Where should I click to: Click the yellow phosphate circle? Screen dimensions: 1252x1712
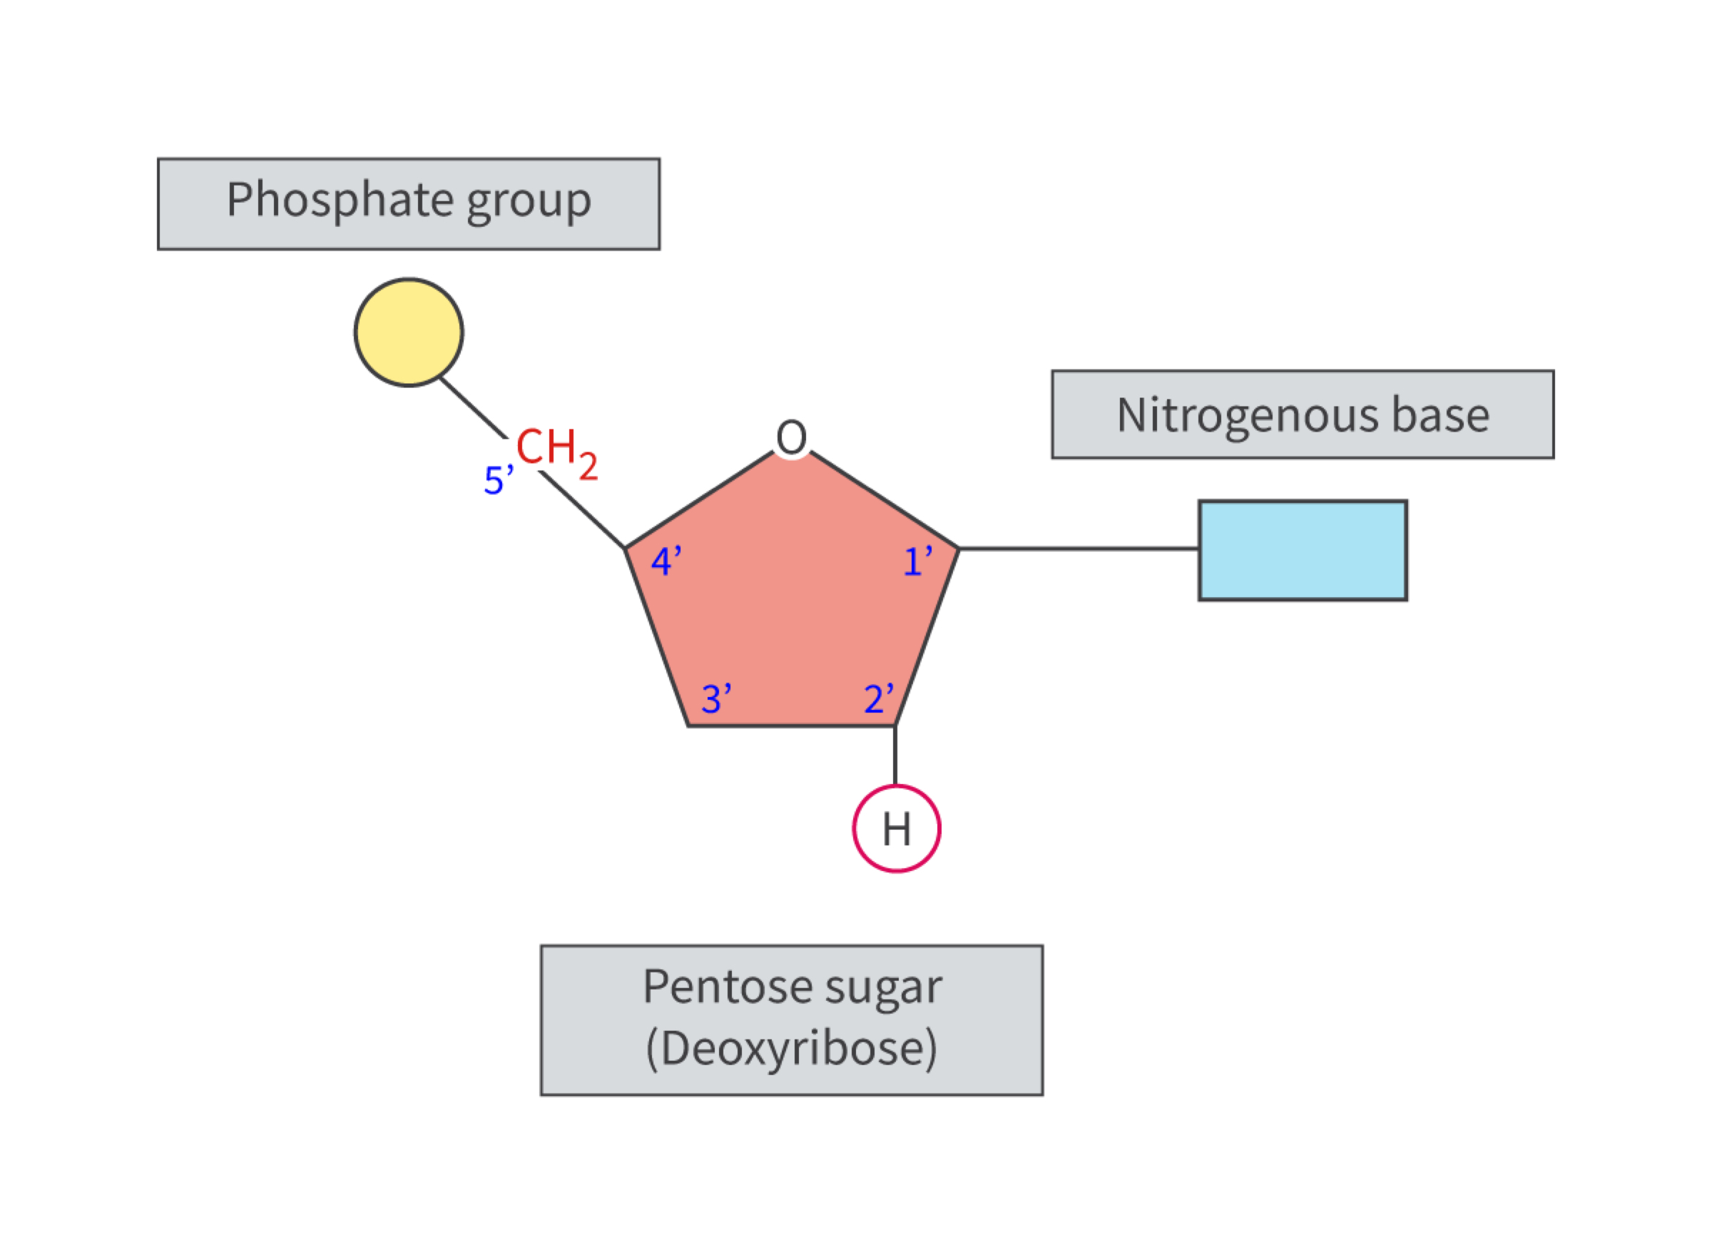[x=409, y=332]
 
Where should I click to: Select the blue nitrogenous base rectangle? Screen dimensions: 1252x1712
[x=1302, y=550]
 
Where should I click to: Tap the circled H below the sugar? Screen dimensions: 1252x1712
[x=897, y=828]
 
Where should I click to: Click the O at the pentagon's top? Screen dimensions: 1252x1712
[x=791, y=437]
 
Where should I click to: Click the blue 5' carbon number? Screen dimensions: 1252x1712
[x=498, y=479]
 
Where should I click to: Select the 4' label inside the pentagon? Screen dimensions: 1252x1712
[x=666, y=561]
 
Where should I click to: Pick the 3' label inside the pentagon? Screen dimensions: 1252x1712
[x=716, y=698]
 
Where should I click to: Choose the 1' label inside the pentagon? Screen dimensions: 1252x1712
[x=918, y=561]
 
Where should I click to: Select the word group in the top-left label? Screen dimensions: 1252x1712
[x=529, y=202]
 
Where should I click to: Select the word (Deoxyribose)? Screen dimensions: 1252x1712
[x=791, y=1048]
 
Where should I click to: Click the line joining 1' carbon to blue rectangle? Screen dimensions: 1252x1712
[x=1078, y=548]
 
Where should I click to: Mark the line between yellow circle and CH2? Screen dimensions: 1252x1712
[x=473, y=408]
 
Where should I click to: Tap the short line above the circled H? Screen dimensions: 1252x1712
[x=895, y=755]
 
